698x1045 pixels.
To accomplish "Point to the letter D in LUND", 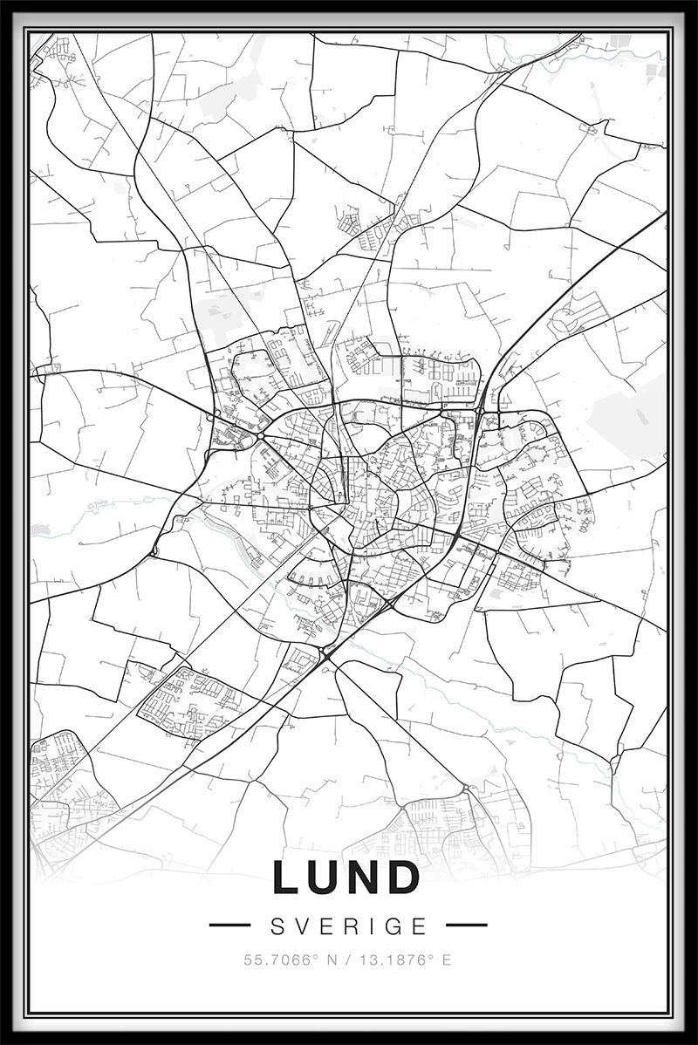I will pos(406,878).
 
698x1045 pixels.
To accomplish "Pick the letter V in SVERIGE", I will pos(302,925).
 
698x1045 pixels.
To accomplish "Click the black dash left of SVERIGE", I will pos(230,925).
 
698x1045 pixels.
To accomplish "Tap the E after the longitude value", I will pos(446,960).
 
